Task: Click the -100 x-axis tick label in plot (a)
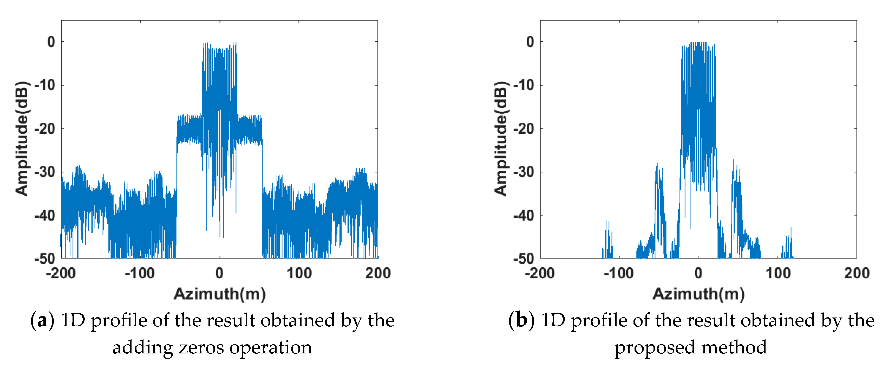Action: tap(140, 273)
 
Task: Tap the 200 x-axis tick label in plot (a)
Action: tap(378, 273)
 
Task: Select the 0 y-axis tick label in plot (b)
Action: tap(530, 42)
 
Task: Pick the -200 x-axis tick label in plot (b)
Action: tap(540, 273)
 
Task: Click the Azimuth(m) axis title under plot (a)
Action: tap(219, 294)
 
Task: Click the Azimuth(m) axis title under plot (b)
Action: tap(698, 294)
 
